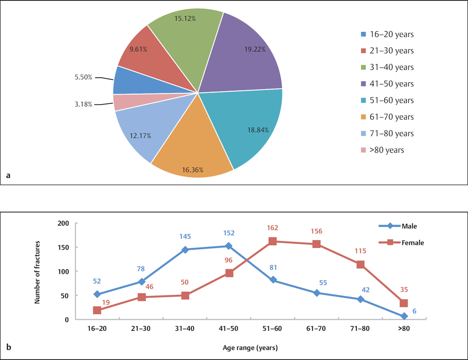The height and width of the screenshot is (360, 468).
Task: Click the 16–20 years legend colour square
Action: point(364,34)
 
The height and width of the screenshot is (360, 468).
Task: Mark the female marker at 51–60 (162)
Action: point(273,241)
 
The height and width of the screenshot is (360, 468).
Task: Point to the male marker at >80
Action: point(404,316)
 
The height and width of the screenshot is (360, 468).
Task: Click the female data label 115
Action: point(360,251)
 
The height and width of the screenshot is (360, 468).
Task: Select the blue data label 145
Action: point(185,237)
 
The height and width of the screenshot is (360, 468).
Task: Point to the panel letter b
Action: point(9,347)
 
